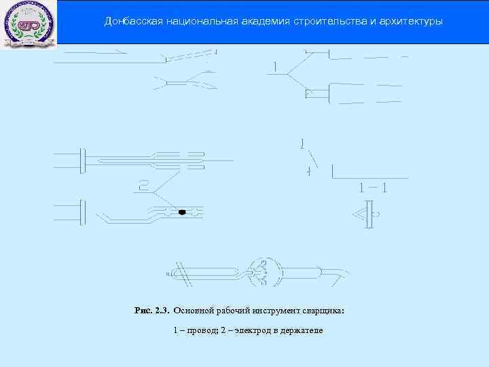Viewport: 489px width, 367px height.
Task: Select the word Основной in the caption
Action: coord(194,311)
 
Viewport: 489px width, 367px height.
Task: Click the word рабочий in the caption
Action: coord(235,311)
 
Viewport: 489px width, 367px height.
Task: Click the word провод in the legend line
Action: coord(202,330)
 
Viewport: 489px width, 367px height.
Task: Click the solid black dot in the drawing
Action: coord(182,213)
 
